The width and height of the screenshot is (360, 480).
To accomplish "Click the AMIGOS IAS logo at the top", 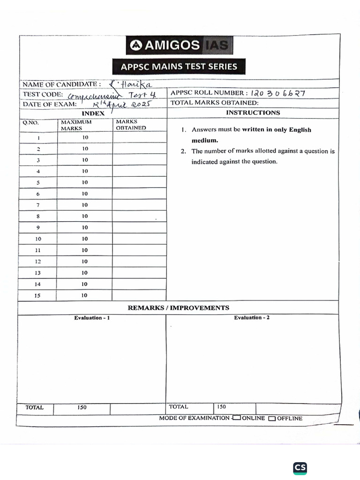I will click(180, 45).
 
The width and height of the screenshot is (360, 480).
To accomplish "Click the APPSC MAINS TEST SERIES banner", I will click(179, 67).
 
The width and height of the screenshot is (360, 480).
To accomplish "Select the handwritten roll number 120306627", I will click(278, 93).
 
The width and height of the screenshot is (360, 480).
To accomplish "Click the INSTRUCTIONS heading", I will click(253, 112).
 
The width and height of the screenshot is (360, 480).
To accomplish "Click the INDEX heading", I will click(93, 113).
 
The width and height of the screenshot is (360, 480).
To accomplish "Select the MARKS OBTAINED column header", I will click(131, 125).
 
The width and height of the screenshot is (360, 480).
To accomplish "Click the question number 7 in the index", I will click(38, 205).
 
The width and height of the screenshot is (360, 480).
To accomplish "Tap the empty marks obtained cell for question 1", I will click(139, 138).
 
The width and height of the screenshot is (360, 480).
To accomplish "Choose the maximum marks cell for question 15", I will click(85, 295).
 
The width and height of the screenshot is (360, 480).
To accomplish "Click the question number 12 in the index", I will click(38, 262).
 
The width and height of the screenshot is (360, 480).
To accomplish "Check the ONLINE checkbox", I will click(237, 418).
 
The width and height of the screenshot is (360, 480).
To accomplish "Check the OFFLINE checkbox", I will click(272, 419).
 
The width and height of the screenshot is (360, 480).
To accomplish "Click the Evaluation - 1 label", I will click(92, 318).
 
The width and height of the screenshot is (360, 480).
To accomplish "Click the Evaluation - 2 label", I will click(252, 318).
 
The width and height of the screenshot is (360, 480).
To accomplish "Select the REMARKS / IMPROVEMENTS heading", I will click(179, 308).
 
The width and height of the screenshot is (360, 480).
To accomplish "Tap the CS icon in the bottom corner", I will click(300, 467).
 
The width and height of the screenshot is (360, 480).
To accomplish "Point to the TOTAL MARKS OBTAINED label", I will click(214, 103).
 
